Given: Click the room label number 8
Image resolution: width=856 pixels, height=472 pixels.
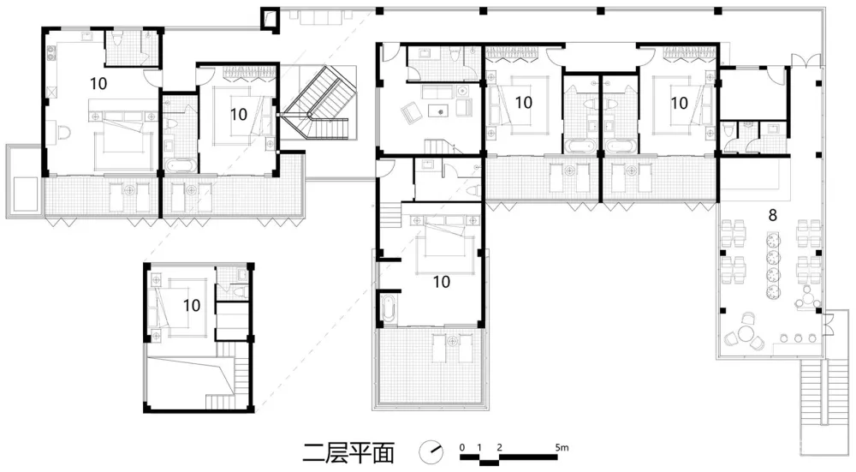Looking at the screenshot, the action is click(772, 215).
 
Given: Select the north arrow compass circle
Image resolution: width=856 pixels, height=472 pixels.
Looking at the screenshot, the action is click(431, 451).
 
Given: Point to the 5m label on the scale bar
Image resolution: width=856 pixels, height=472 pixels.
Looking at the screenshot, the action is click(562, 447).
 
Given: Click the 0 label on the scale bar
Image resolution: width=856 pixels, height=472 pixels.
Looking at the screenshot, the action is click(462, 447).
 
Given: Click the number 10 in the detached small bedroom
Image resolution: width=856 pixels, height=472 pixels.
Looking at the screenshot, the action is click(192, 305).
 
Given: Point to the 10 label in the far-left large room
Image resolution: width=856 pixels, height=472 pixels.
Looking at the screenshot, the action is click(98, 84).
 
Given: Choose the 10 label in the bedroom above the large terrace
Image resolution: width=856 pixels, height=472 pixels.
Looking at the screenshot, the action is click(441, 282).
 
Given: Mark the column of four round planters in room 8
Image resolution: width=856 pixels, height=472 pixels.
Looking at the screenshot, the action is click(772, 266).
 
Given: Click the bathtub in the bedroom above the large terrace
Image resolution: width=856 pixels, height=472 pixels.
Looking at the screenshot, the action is click(388, 308).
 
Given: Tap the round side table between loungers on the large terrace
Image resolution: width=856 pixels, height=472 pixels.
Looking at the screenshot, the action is click(451, 341).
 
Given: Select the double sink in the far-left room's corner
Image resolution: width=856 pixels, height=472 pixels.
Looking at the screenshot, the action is click(52, 52).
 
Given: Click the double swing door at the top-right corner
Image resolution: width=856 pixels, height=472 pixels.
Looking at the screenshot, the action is click(805, 60).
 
